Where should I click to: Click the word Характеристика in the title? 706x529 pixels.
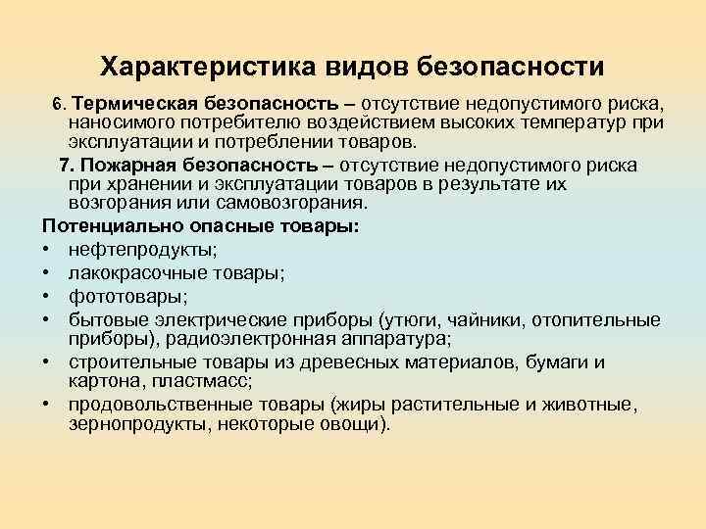pyautogui.click(x=196, y=67)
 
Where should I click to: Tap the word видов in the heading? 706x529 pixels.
pyautogui.click(x=358, y=67)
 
